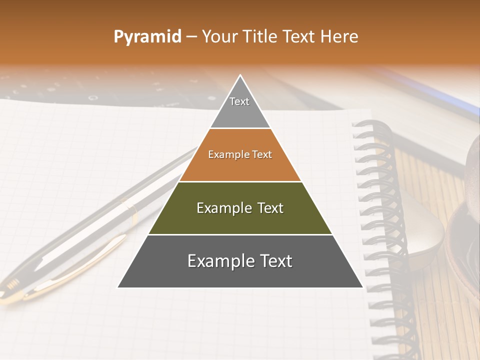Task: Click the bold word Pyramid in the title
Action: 147,37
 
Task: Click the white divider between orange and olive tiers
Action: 240,181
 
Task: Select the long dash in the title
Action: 191,37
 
